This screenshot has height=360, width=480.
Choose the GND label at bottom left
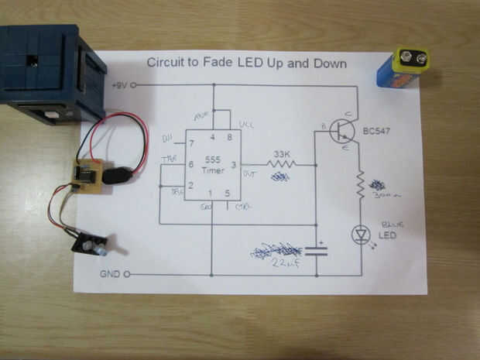[110, 275]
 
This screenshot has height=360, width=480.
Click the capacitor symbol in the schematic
[317, 251]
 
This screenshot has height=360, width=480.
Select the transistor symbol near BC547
[341, 131]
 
